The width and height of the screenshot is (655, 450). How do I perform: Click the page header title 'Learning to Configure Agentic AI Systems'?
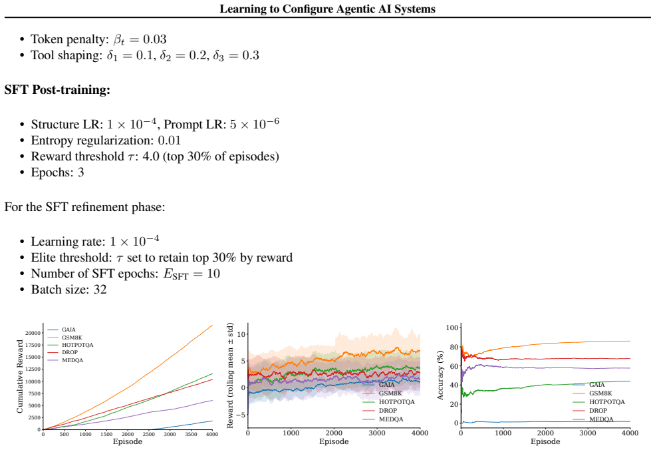point(327,9)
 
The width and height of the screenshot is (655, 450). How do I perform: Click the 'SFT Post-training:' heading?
point(57,89)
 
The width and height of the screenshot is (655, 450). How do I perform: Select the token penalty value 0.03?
point(154,39)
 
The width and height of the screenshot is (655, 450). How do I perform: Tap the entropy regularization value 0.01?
point(169,140)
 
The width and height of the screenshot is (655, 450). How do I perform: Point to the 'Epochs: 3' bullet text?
point(57,172)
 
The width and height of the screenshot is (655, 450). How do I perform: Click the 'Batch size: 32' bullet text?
point(68,290)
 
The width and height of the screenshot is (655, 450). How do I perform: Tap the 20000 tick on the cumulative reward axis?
point(33,333)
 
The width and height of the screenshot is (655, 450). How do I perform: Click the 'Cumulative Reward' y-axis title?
point(20,376)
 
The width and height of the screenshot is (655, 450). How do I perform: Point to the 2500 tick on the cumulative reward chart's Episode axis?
point(149,434)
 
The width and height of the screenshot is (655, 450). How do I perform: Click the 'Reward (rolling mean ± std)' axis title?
point(230,375)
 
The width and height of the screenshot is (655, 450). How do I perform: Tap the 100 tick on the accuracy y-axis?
point(452,328)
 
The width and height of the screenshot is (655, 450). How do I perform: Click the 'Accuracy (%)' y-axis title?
point(440,375)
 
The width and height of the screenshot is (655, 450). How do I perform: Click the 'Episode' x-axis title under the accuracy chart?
point(545,441)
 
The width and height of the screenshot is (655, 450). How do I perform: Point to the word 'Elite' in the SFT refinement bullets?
point(41,258)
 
